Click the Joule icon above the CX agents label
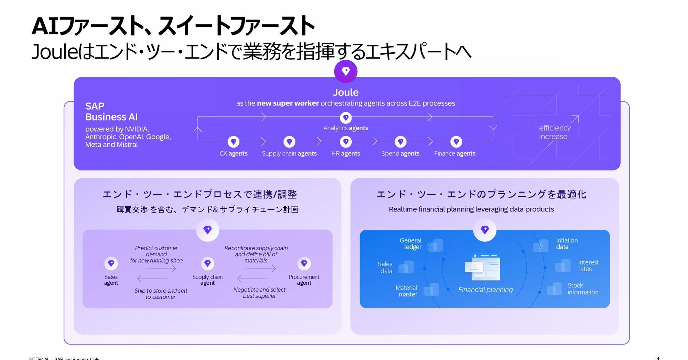(234, 142)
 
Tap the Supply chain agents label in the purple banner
(289, 153)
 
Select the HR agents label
(345, 153)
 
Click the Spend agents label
(400, 153)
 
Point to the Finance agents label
(454, 153)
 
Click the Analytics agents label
(345, 128)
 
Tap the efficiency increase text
(555, 132)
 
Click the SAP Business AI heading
(111, 111)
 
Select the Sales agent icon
(111, 263)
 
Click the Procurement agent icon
(304, 263)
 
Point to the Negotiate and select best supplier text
(259, 293)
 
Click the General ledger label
(410, 243)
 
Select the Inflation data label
(567, 243)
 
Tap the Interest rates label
(588, 265)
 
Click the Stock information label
(583, 288)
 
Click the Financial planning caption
(485, 290)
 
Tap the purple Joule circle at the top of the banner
(346, 71)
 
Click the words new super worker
(288, 103)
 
